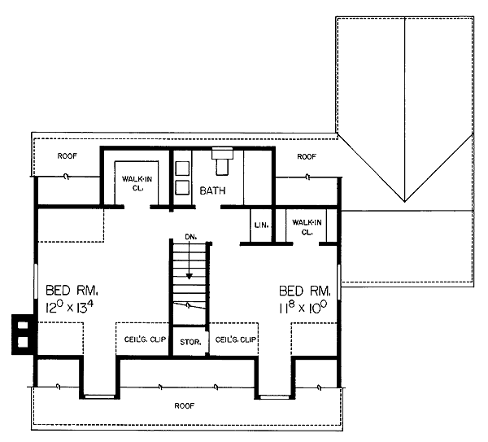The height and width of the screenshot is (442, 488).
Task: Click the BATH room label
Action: pos(212,190)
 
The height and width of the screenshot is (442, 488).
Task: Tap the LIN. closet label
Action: pos(261,225)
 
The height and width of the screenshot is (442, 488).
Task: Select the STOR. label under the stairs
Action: pos(190,342)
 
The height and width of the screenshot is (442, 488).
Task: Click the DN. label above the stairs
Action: pos(191,237)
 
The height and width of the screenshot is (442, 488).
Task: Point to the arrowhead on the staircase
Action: pos(190,276)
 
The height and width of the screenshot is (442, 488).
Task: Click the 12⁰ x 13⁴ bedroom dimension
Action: pos(70,307)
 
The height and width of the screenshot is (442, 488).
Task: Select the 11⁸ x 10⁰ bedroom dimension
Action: pos(303,307)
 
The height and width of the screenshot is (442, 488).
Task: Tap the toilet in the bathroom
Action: pos(222,161)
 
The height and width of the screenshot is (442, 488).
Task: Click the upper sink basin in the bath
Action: pos(182,168)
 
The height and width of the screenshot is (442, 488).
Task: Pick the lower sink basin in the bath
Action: pos(182,188)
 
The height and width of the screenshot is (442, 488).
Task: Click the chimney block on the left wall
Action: pos(23,335)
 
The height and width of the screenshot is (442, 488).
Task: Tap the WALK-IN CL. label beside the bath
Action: pos(137,183)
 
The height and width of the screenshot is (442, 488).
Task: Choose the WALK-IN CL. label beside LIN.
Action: pos(307,227)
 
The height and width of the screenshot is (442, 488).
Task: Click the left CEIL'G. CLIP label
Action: pos(145,339)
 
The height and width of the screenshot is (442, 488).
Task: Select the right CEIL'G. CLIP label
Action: pos(236,339)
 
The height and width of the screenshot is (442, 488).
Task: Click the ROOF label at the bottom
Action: pos(185,405)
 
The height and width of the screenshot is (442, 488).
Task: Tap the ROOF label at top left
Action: pos(68,155)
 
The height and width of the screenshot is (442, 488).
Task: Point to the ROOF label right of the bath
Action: pos(307,156)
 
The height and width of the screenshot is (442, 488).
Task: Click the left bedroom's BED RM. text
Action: pos(72,290)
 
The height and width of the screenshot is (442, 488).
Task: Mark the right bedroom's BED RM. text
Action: pos(305,291)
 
